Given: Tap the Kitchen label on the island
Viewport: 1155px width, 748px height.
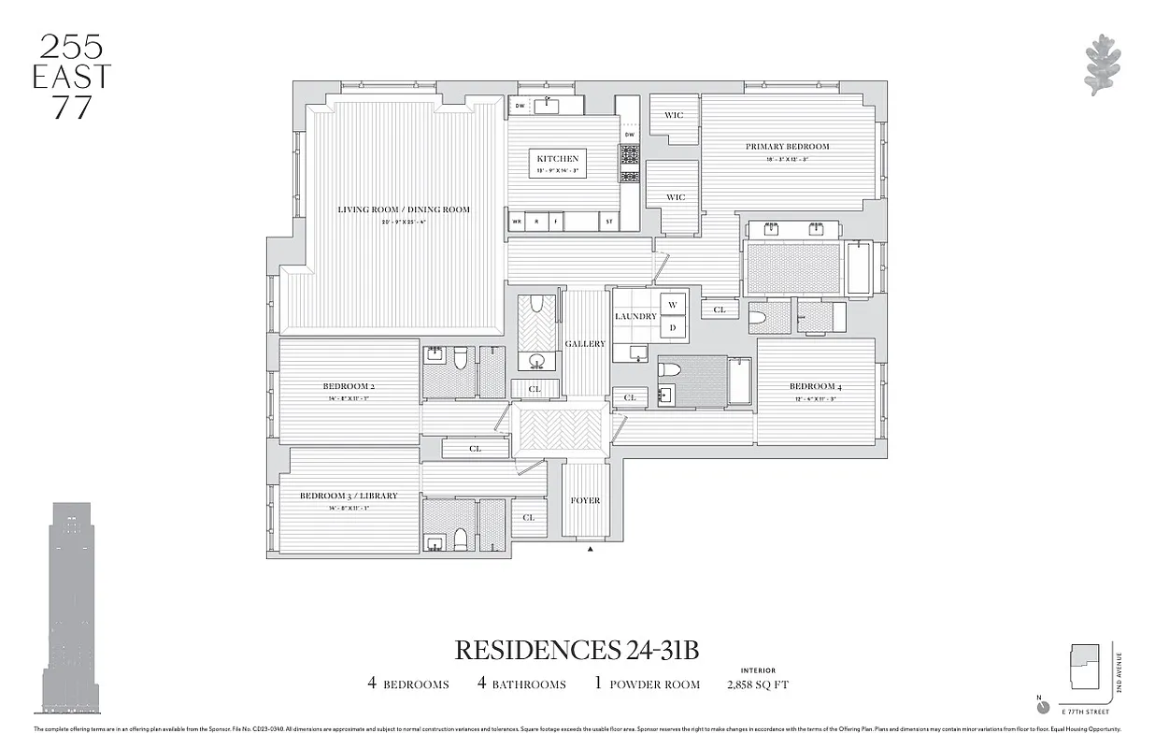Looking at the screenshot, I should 557,159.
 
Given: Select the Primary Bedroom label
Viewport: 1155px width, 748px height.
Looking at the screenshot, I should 787,147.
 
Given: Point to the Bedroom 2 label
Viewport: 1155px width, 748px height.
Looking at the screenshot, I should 349,386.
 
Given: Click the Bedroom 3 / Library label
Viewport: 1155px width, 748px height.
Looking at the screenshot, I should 349,496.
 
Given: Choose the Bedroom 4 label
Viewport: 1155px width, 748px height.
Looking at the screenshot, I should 812,386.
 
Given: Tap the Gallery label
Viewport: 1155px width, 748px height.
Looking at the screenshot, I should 585,344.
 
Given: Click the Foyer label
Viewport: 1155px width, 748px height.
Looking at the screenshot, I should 585,501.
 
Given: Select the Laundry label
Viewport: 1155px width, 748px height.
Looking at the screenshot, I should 635,317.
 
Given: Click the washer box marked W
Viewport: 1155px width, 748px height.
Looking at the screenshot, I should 673,305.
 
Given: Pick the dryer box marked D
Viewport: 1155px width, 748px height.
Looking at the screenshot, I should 673,328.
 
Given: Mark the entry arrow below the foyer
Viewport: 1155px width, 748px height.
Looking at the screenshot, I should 590,551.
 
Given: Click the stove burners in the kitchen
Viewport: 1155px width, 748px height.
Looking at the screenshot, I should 629,164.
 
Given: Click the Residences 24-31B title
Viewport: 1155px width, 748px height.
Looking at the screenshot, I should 577,649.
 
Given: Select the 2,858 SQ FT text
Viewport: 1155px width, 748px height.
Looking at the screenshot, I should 758,684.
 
